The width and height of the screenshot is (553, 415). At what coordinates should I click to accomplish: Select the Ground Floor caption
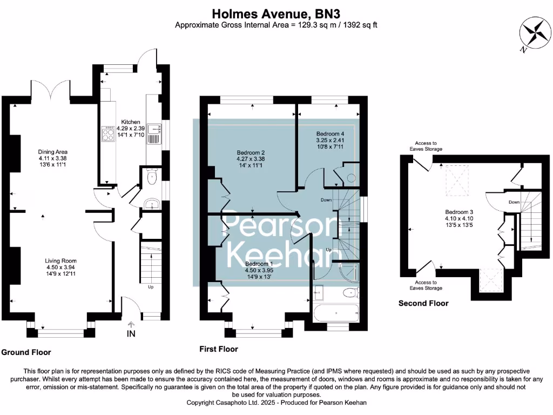[26, 352]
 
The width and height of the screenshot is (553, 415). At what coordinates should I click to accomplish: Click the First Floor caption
[219, 349]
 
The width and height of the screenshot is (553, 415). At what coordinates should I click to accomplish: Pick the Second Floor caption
[423, 303]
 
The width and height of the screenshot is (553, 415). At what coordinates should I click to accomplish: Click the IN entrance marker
[131, 333]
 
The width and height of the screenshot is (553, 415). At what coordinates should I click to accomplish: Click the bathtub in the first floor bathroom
[335, 313]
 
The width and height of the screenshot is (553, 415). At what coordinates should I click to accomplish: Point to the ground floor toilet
[151, 177]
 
